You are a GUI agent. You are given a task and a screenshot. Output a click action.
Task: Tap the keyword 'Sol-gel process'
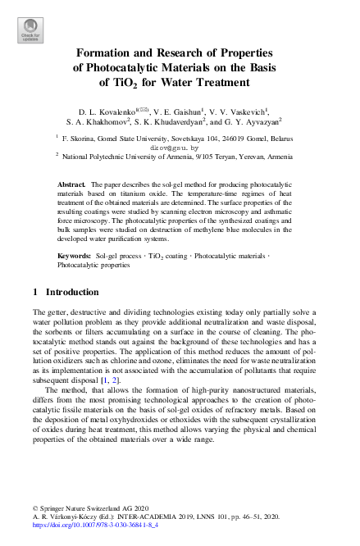click(x=117, y=257)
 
